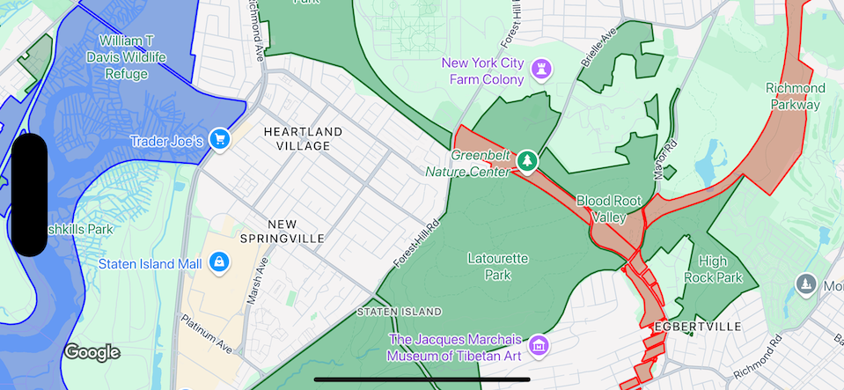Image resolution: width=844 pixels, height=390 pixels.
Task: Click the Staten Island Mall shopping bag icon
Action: tap(219, 262)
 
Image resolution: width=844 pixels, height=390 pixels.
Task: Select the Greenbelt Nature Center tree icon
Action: tap(527, 160)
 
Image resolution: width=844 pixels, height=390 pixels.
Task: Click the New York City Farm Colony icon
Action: tap(540, 65)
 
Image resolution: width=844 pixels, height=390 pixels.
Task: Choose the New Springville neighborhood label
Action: tap(283, 231)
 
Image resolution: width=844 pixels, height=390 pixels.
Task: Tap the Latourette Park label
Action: tap(498, 267)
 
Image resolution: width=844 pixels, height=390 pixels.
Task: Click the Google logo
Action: tap(92, 352)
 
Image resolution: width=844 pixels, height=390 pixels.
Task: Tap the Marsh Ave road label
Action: tap(257, 283)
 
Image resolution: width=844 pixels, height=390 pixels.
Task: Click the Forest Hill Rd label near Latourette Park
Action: tap(416, 243)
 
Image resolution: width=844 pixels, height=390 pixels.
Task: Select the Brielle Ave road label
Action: tap(598, 52)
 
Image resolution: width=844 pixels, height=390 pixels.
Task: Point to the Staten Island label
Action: tap(400, 312)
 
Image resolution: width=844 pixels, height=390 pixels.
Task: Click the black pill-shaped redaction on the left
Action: tap(31, 195)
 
